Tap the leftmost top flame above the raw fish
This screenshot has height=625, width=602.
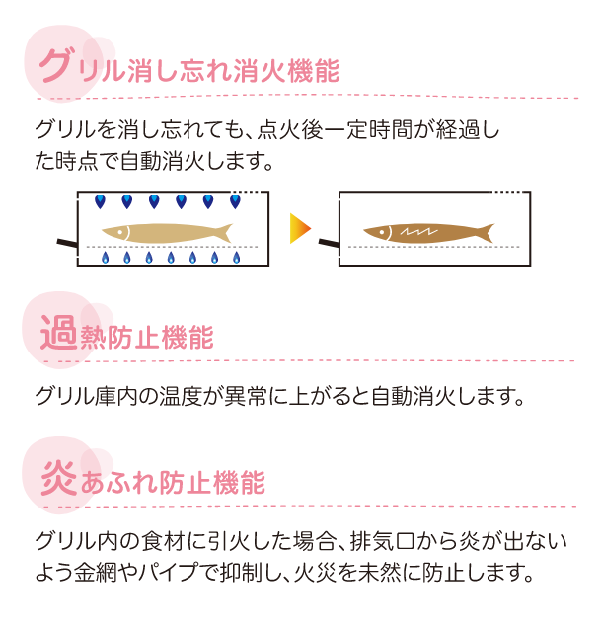pyautogui.click(x=100, y=202)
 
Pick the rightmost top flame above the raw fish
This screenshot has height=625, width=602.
pyautogui.click(x=234, y=202)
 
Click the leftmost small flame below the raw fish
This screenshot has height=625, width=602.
pyautogui.click(x=104, y=259)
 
